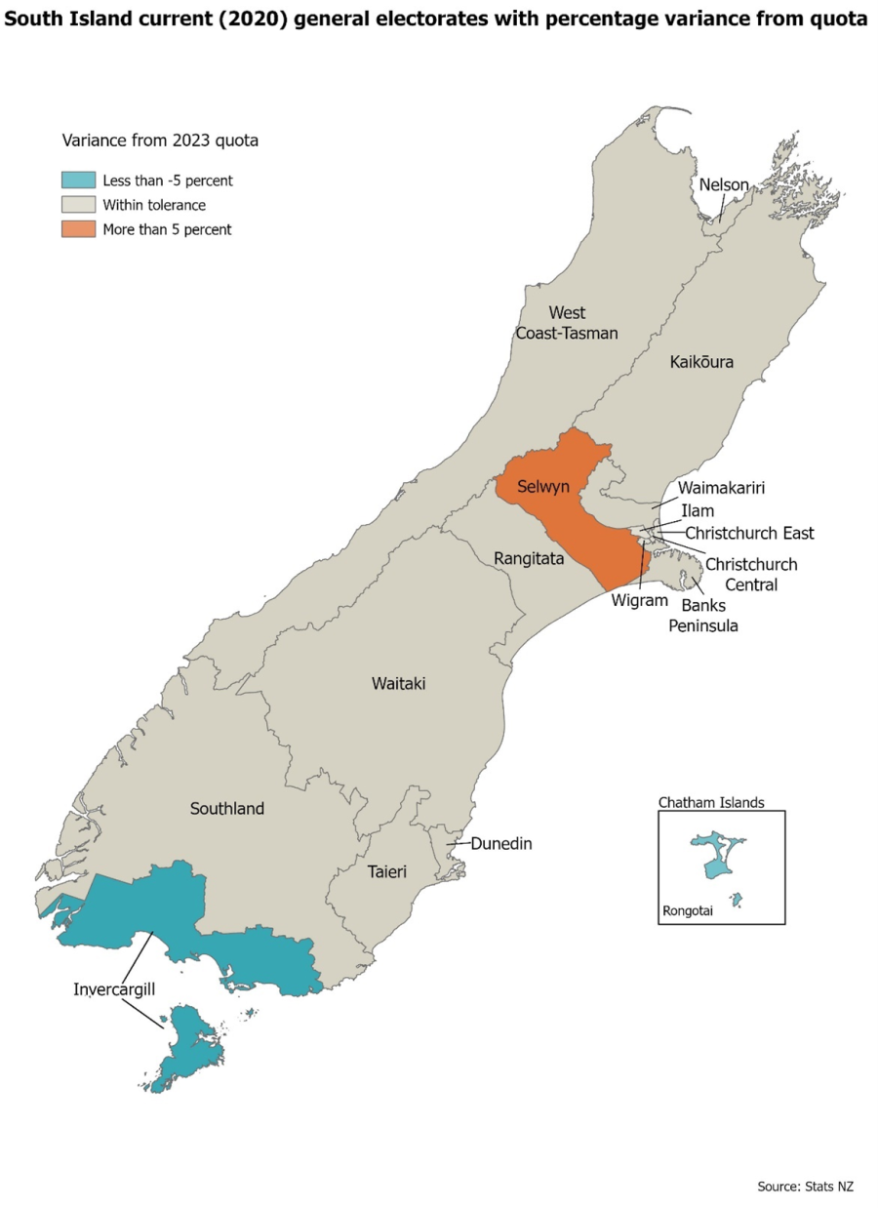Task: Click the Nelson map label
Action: point(723,184)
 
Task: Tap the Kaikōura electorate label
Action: point(701,362)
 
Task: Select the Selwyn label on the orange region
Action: point(543,485)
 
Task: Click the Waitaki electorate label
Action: point(398,683)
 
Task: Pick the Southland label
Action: point(226,808)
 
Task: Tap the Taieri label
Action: point(386,870)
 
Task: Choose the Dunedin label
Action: point(501,843)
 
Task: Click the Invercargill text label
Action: point(114,988)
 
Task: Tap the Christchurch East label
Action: point(749,533)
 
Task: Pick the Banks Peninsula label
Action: point(702,615)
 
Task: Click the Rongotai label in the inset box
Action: point(689,913)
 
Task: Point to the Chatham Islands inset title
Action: point(711,802)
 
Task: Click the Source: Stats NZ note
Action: point(805,1187)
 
